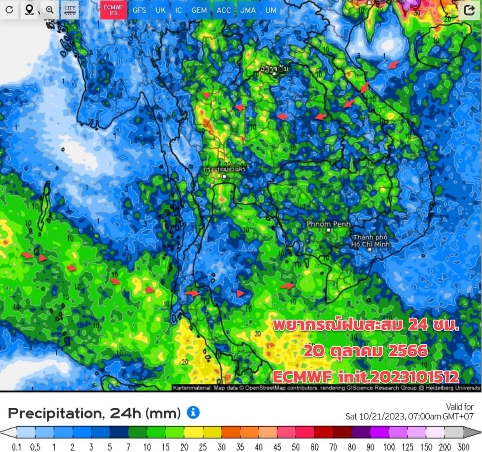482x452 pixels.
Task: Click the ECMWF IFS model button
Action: coord(113,10)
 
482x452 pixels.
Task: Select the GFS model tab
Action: coord(139,10)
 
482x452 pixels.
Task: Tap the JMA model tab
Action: coord(248,10)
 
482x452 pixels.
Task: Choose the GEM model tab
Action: coord(199,10)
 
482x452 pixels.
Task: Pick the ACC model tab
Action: coord(224,10)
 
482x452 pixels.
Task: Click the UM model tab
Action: coord(270,10)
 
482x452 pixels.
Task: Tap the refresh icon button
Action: coord(9,10)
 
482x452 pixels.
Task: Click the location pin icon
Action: coord(29,10)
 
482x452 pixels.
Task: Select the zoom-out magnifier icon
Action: coord(50,10)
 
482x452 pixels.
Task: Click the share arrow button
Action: coord(469,10)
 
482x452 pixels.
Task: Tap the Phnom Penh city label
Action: coord(328,224)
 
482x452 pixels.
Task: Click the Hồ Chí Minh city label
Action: coord(370,241)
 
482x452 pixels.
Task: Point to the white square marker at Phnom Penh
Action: coord(328,230)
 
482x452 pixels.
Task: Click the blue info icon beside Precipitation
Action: coord(193,413)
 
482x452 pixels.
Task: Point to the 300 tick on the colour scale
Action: coord(463,447)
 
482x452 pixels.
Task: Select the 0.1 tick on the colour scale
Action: coord(17,447)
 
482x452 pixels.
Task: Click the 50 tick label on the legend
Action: coord(296,447)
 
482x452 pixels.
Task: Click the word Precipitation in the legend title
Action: coord(53,413)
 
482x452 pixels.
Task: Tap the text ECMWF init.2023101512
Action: coord(366,377)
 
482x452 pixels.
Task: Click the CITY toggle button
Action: coord(70,10)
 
